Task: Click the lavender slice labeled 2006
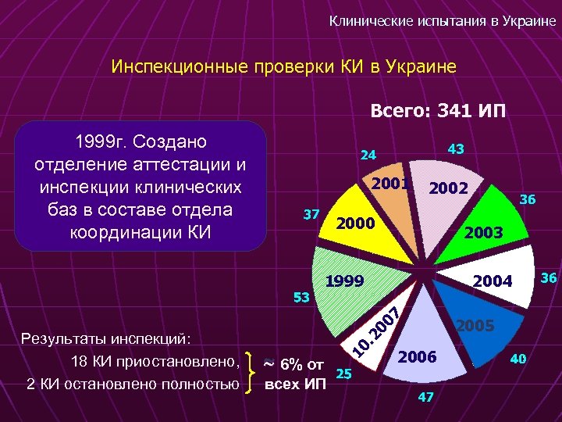(421, 344)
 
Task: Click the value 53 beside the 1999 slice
(301, 298)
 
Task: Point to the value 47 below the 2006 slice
(425, 397)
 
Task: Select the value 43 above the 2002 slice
(455, 148)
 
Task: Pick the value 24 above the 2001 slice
(368, 155)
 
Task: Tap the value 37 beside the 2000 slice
(311, 215)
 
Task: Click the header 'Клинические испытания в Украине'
(443, 22)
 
